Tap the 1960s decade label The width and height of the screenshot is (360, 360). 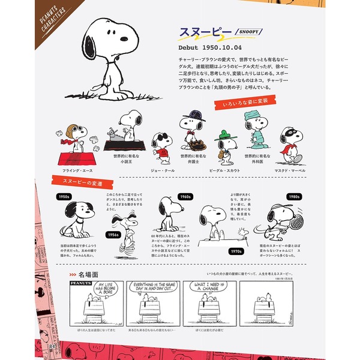tap(185, 196)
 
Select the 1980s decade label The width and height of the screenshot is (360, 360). tap(294, 196)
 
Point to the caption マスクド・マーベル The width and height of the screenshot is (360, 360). tap(289, 170)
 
